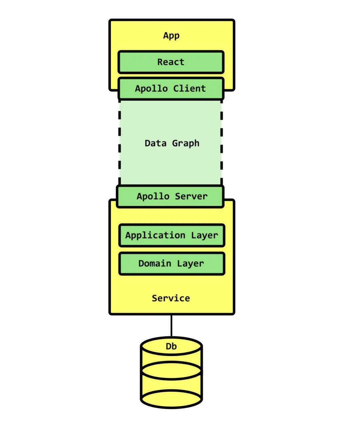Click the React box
point(171,62)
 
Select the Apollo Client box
point(171,88)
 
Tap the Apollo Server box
point(170,196)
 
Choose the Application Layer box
point(172,236)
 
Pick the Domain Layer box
point(172,264)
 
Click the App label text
point(171,36)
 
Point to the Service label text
point(171,298)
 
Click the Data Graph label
point(172,143)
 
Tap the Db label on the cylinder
point(171,347)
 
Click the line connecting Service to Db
point(171,326)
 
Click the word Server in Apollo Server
point(191,196)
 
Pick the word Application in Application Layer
point(155,236)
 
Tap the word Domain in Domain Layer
point(155,264)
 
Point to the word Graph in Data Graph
point(186,143)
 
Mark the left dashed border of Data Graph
point(120,143)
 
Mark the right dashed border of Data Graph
point(222,143)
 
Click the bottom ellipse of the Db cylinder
point(171,399)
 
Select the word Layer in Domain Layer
point(190,264)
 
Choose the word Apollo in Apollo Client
point(151,88)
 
